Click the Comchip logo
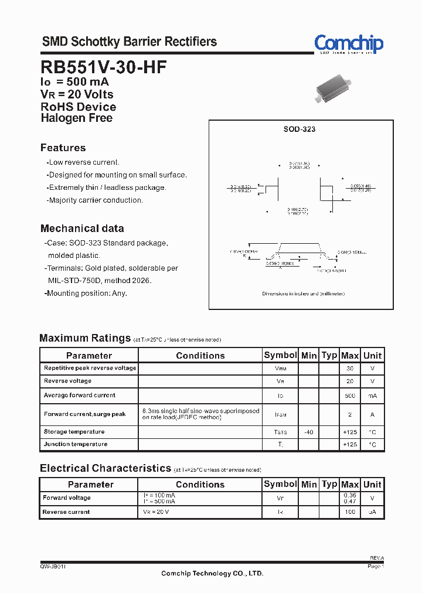tap(348, 44)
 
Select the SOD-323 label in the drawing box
tap(301, 129)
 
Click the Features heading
tap(63, 148)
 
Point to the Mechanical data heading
tap(82, 229)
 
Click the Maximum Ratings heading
tap(85, 338)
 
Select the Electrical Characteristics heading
tap(105, 468)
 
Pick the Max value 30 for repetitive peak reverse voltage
tap(350, 369)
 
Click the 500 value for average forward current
tap(350, 396)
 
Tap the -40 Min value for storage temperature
tap(308, 432)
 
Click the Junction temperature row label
tap(76, 444)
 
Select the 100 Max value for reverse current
tap(350, 512)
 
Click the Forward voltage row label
tap(67, 498)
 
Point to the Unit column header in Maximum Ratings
tap(372, 355)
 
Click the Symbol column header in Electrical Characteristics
tap(280, 484)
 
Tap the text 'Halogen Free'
tap(76, 118)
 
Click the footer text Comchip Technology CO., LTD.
tap(212, 573)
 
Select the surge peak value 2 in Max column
tap(350, 414)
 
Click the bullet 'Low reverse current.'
tap(83, 162)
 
